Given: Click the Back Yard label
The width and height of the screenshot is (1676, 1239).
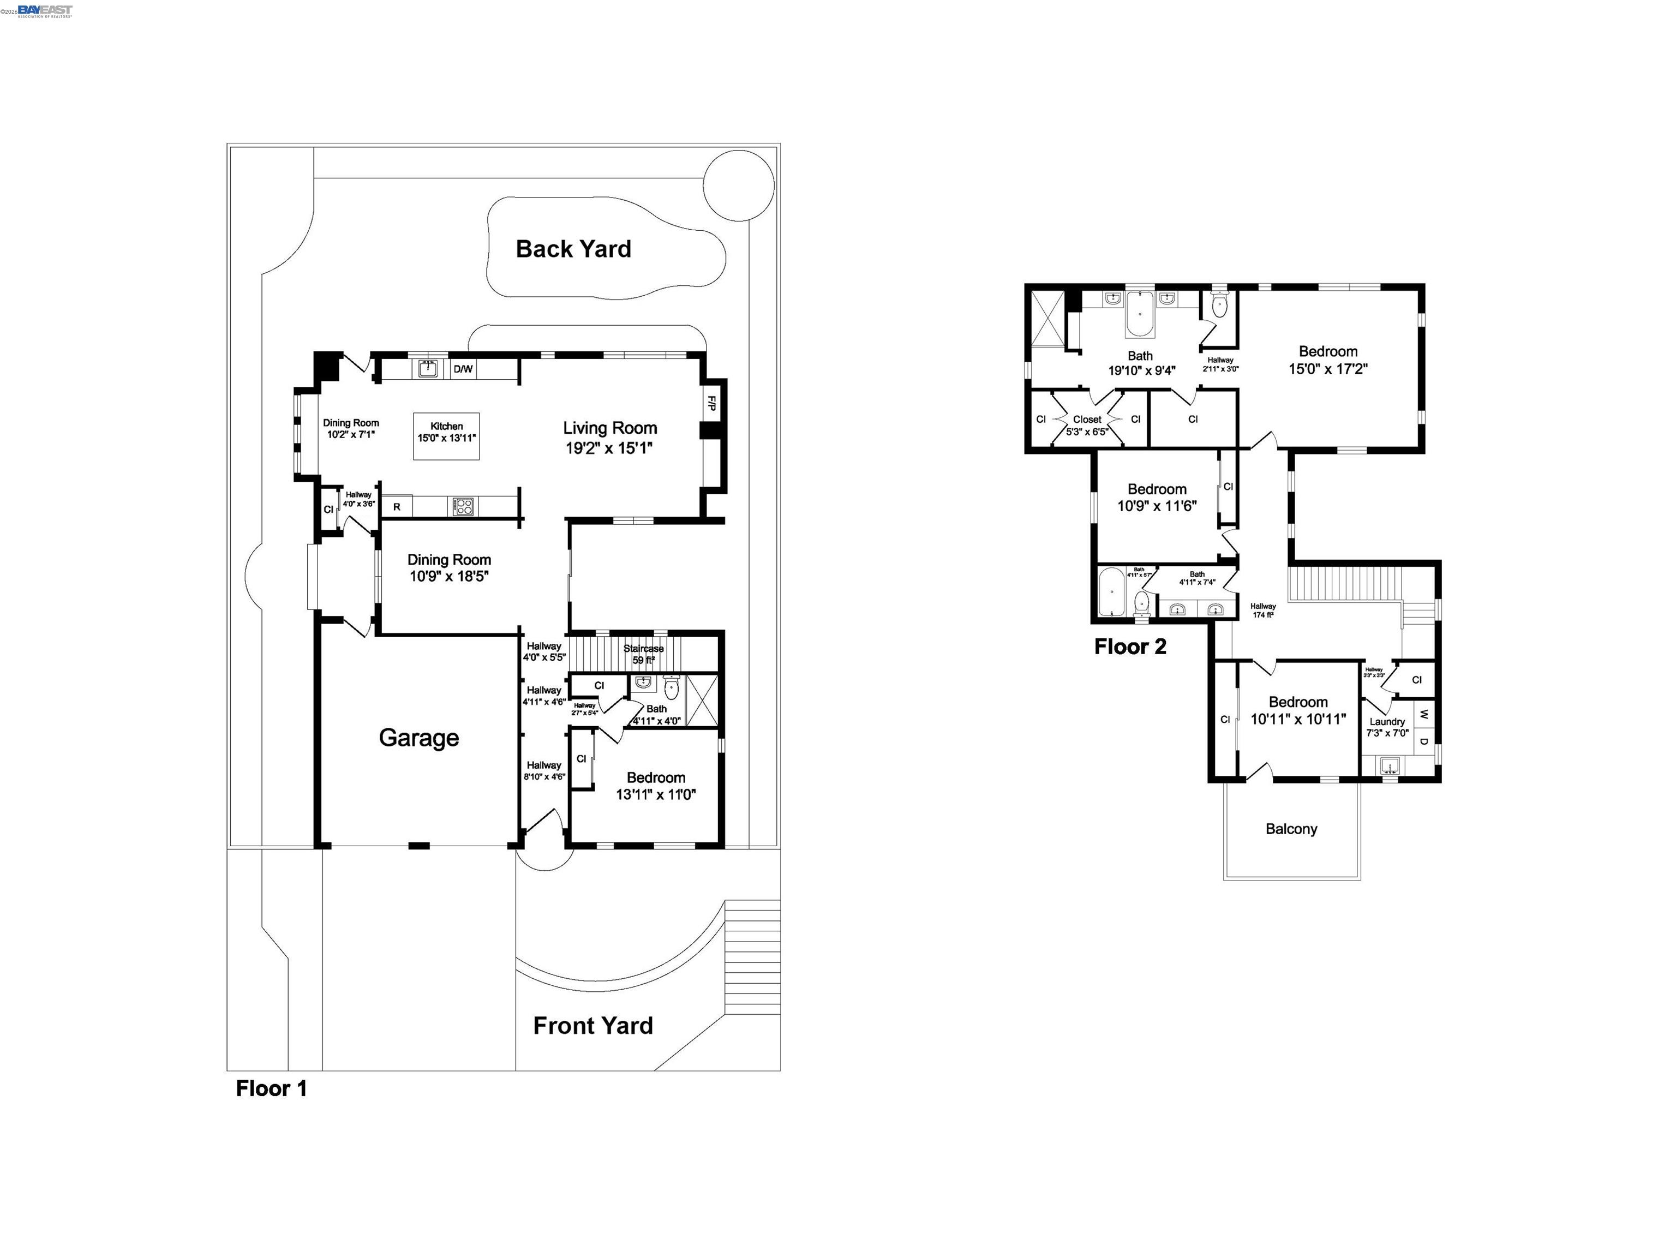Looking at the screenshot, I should coord(573,249).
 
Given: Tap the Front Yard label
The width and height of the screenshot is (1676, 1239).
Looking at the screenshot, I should coord(592,1025).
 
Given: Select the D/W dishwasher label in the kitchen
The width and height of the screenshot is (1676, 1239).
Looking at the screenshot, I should coord(463,369).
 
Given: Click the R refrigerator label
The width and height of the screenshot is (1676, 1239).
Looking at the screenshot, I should coord(397,507).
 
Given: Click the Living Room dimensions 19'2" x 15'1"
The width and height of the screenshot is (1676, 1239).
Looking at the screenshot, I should coord(609,448).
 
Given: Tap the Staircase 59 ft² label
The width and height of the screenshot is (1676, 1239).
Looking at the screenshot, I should coord(643,654).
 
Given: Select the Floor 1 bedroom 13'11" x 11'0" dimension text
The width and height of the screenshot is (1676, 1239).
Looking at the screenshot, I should coord(655,794).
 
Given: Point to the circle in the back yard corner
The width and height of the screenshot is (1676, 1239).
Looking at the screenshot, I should coord(739,185).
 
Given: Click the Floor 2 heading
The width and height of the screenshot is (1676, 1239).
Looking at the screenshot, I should coord(1129,647).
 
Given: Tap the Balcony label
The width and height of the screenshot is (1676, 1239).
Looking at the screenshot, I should coord(1291,829).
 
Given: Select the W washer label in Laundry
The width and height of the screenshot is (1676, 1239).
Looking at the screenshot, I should coord(1423,714).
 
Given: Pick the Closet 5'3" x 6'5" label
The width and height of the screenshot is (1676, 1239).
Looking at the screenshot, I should coord(1087,425).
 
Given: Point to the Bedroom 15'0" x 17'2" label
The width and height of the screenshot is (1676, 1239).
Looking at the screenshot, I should coord(1327,360).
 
